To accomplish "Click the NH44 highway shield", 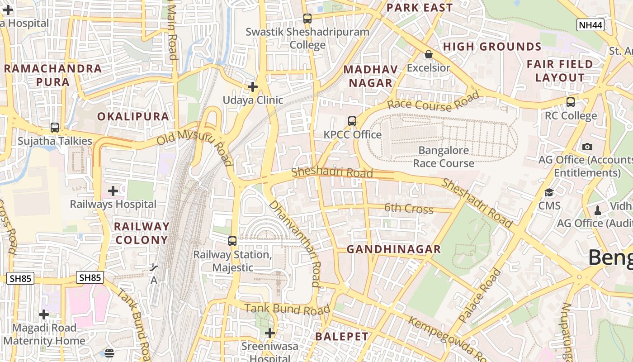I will [590, 25].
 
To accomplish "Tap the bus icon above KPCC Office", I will [352, 121].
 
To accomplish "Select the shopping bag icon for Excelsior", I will [428, 55].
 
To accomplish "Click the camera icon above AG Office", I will [587, 147].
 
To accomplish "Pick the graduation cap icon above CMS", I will [549, 193].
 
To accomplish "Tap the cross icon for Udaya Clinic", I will [253, 86].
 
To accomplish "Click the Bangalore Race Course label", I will [443, 157].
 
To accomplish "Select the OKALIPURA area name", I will [133, 116].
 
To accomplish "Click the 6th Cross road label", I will [409, 209].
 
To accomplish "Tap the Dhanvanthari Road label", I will [295, 243].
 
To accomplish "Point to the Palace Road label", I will [480, 295].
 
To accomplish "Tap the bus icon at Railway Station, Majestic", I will [232, 241].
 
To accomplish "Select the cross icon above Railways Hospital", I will [113, 191].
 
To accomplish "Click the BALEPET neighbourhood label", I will [342, 337].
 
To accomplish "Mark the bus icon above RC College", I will [571, 102].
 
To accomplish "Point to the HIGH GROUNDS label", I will [492, 47].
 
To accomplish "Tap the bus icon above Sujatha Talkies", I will [55, 128].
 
